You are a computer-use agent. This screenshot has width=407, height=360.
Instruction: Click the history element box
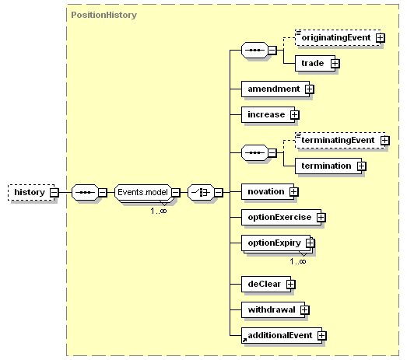[31, 193]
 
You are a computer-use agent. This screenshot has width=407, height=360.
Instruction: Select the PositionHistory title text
[104, 15]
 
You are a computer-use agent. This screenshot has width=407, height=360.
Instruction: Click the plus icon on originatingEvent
[381, 38]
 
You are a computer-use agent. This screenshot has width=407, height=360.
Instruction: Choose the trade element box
[315, 63]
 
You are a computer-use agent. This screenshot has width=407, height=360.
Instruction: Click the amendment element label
[274, 89]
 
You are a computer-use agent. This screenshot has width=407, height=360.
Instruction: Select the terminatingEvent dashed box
[340, 140]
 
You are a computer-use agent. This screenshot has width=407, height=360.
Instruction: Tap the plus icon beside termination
[362, 166]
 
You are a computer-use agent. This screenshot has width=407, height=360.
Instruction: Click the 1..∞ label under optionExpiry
[298, 261]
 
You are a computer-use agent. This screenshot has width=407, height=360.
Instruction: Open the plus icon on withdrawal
[305, 310]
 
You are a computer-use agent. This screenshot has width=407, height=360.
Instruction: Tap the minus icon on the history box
[54, 193]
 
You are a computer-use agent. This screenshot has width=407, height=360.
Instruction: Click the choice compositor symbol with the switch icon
[201, 193]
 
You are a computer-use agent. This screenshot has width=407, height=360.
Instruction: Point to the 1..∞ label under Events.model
[158, 211]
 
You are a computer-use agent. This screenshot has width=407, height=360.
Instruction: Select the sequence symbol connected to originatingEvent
[254, 50]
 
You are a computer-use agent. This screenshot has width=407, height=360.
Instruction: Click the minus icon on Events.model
[176, 193]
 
